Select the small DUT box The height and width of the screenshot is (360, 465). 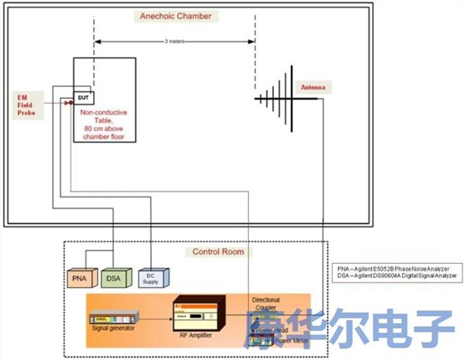click(83, 98)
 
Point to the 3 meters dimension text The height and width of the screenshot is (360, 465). click(174, 41)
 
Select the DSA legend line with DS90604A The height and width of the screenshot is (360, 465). click(397, 276)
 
